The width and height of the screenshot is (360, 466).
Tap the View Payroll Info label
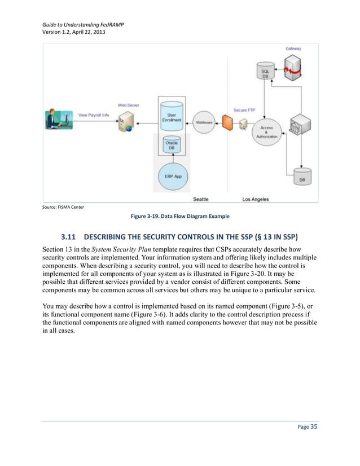click(x=94, y=115)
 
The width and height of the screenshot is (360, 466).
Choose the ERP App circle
click(x=173, y=176)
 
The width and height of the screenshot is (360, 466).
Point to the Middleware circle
click(x=204, y=122)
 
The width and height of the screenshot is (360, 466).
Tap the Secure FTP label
click(x=247, y=109)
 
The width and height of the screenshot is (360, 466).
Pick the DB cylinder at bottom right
click(x=302, y=177)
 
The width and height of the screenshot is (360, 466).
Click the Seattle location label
click(x=200, y=199)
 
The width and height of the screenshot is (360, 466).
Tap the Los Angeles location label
click(x=255, y=199)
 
